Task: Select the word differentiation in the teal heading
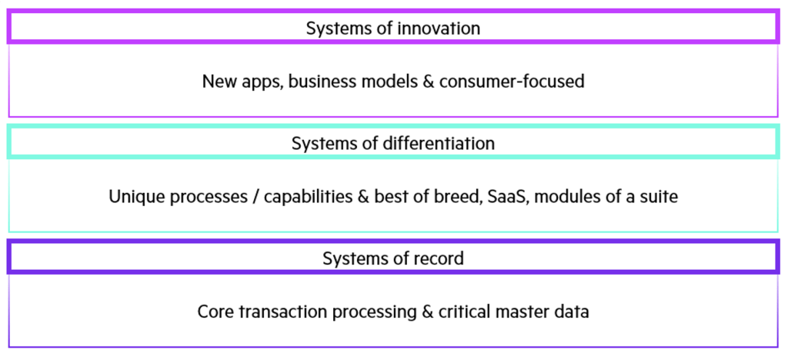coord(438,144)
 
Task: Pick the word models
coord(385,81)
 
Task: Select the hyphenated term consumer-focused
coord(512,81)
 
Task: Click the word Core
coord(215,312)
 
